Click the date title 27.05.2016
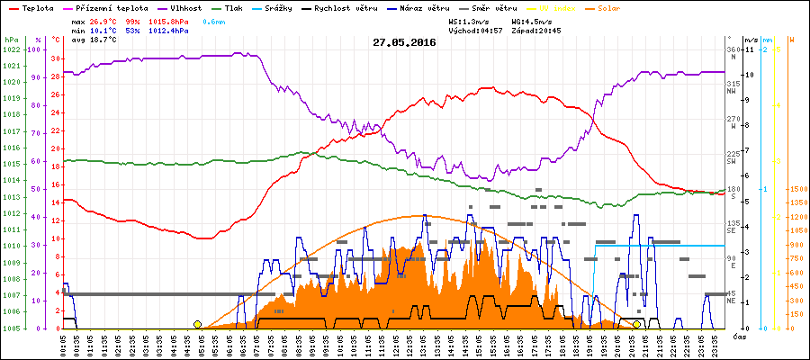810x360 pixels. (404, 42)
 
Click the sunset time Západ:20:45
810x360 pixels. (536, 30)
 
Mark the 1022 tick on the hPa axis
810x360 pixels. (10, 49)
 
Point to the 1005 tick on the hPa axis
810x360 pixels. (10, 328)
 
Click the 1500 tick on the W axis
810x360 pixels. (796, 189)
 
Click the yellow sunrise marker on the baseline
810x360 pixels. (197, 324)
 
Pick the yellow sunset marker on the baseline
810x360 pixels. (636, 324)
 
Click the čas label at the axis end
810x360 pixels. (739, 336)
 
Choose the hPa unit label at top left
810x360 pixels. (10, 40)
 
